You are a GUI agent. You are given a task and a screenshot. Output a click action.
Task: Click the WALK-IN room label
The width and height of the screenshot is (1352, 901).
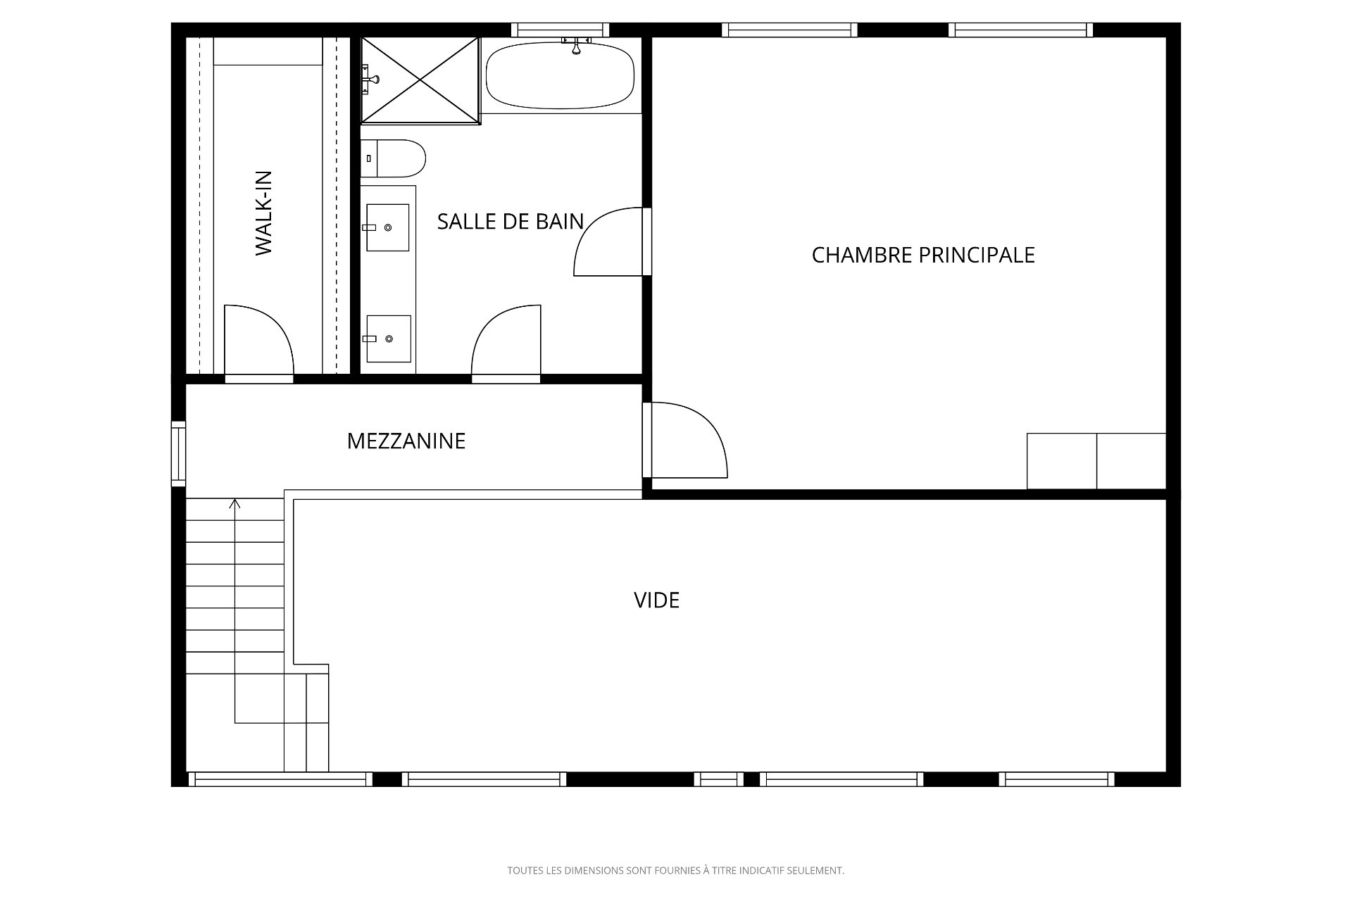pos(263,213)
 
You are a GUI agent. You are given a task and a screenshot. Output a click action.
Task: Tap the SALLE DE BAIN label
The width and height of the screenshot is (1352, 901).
pos(511,222)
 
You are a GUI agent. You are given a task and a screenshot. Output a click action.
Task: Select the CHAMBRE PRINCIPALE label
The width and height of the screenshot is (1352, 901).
pos(923,255)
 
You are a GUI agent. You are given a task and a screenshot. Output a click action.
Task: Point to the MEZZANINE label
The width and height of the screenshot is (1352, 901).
pos(406,441)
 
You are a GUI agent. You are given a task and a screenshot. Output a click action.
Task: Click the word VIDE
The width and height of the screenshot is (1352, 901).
pos(656,600)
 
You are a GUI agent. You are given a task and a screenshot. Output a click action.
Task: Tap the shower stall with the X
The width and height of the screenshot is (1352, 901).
pos(420,81)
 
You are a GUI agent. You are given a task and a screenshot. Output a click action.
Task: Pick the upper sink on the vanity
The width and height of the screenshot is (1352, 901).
pos(387,227)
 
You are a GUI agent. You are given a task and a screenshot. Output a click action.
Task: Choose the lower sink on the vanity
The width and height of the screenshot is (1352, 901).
pos(389,339)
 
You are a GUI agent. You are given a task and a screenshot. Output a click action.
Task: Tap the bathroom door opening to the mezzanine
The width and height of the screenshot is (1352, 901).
pos(506,344)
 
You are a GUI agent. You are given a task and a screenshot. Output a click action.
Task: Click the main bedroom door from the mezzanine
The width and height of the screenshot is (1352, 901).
pos(684,440)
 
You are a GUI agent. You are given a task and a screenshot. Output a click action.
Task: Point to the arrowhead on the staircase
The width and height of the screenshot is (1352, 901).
pos(235,503)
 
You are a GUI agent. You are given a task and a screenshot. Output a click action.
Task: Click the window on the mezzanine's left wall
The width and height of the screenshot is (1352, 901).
pos(179,453)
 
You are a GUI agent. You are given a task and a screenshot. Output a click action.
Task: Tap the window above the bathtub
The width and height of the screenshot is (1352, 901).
pos(560,30)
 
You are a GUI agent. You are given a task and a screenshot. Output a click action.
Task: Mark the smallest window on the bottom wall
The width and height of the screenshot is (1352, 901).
pos(718,779)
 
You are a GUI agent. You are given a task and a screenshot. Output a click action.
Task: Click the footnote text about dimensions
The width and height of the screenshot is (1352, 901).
pos(675,871)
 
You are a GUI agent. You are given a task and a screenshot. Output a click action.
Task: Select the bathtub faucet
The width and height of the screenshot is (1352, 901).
pos(576,46)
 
